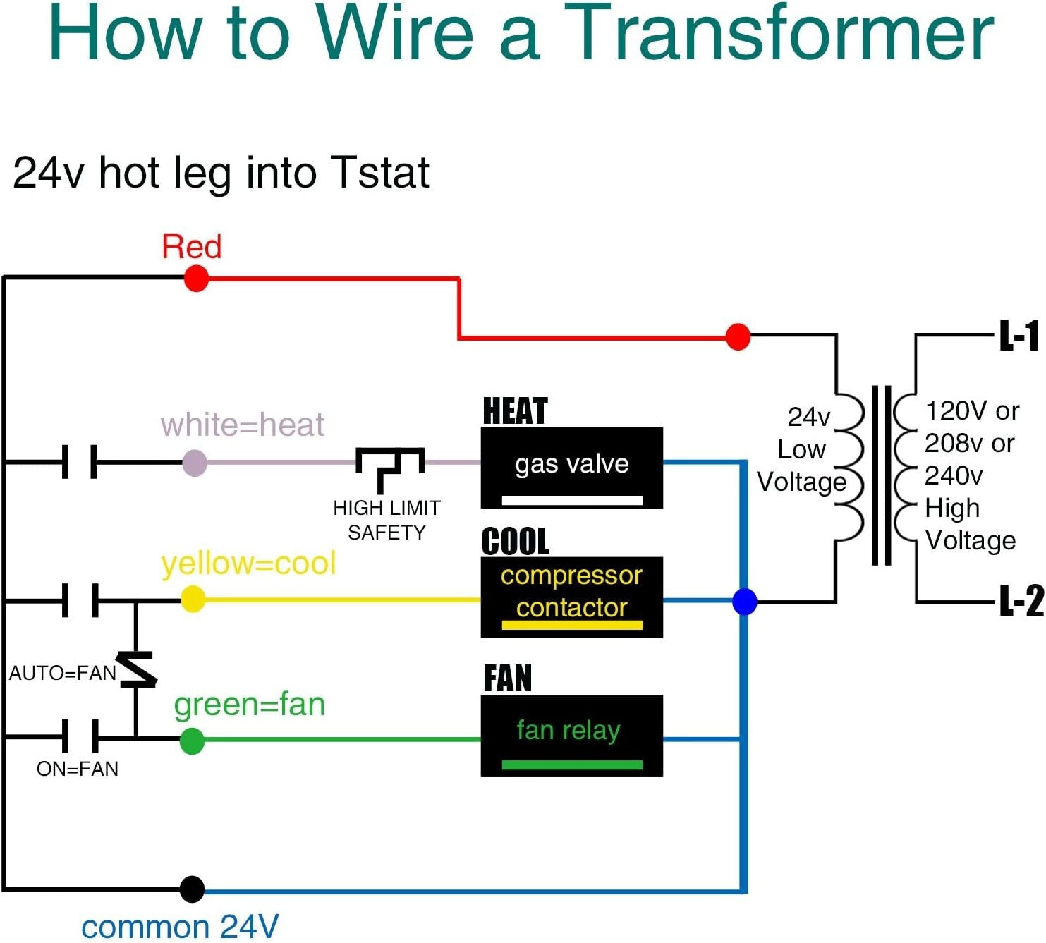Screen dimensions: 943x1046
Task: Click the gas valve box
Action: tap(571, 467)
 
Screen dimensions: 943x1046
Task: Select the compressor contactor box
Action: tap(571, 597)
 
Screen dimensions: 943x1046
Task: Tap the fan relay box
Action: tap(571, 735)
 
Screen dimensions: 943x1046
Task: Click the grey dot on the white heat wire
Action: tap(195, 463)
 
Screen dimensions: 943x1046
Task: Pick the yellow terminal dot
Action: tap(193, 600)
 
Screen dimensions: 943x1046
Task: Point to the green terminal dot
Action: tap(192, 741)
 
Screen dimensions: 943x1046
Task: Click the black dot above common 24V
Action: tap(192, 889)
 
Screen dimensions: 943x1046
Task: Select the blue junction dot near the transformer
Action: tap(745, 602)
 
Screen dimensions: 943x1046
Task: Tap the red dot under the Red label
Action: tap(196, 279)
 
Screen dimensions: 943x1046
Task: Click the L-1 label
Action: tap(1020, 336)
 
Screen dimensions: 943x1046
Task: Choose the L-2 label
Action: tap(1021, 601)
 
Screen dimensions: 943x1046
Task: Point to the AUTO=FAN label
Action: tap(62, 673)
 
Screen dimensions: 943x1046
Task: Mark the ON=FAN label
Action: tap(78, 769)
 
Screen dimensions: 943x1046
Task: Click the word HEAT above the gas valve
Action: tap(515, 411)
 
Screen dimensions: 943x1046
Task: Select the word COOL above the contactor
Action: tap(516, 542)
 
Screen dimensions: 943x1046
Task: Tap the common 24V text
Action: tap(180, 927)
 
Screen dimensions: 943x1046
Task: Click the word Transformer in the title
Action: tap(779, 34)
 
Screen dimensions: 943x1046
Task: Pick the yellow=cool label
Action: tap(248, 564)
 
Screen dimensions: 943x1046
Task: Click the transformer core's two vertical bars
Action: tap(881, 475)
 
